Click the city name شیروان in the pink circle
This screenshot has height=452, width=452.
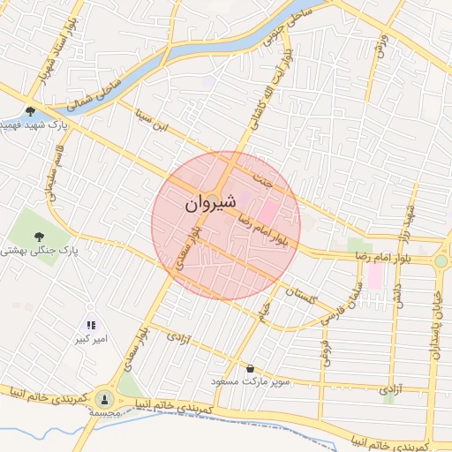point(212,204)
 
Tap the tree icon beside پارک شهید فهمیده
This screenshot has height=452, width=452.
point(31,111)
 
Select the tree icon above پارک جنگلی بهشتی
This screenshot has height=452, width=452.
point(39,235)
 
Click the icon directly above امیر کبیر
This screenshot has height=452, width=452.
point(91,324)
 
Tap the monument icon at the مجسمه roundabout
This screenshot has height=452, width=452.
point(105,399)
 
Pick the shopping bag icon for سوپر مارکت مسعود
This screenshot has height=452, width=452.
point(252,368)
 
